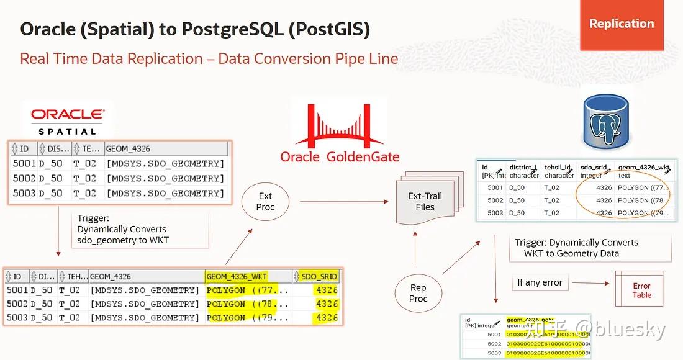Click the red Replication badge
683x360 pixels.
[x=622, y=24]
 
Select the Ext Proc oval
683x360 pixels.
[x=265, y=201]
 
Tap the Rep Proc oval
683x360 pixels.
[x=418, y=293]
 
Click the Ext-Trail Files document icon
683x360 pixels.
[x=426, y=200]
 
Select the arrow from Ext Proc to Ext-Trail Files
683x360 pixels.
[x=343, y=201]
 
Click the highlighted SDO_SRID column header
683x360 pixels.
[x=319, y=276]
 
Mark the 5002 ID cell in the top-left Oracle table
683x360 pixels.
[x=24, y=178]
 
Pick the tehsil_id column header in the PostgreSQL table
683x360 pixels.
[x=559, y=168]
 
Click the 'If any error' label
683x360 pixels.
[x=540, y=282]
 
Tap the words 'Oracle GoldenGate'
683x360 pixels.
[x=340, y=156]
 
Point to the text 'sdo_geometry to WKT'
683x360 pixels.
[x=123, y=240]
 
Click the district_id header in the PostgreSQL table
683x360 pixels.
[x=523, y=168]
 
